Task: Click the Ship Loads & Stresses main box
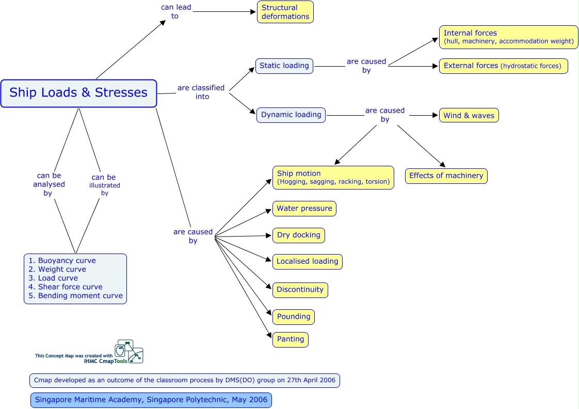[78, 93]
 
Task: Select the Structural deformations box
[285, 12]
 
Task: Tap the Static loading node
[284, 66]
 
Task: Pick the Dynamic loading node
[291, 115]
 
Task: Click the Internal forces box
[508, 37]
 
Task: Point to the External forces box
[503, 66]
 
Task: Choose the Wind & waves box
[469, 116]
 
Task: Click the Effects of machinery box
[446, 176]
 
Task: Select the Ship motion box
[333, 177]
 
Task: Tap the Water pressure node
[304, 209]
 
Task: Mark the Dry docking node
[299, 235]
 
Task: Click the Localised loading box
[307, 261]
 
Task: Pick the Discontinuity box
[300, 290]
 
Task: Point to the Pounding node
[294, 317]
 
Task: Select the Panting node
[291, 339]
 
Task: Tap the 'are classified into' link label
[201, 92]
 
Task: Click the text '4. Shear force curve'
[66, 287]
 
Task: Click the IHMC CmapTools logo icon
[128, 351]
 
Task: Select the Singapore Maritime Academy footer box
[151, 400]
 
